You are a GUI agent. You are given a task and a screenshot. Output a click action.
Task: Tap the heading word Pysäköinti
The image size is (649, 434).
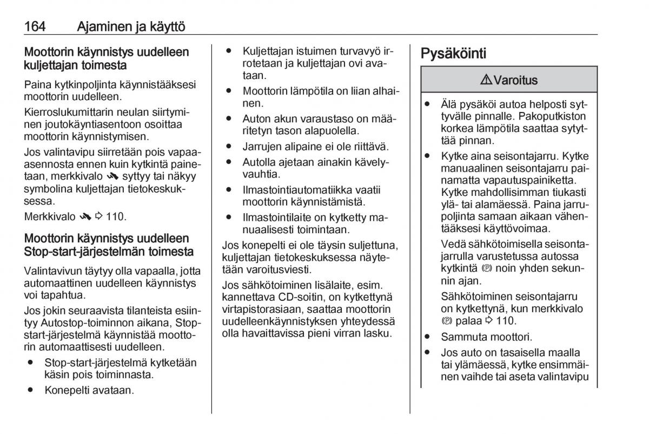click(453, 53)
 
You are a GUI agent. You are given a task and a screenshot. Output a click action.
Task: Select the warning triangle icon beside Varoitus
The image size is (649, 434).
click(485, 81)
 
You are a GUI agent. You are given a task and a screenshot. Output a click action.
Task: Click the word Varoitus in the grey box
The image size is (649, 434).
click(513, 81)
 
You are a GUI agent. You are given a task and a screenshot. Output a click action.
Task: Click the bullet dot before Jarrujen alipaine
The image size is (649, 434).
click(229, 146)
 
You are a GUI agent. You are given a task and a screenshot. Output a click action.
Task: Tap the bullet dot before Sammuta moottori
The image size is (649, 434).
click(428, 336)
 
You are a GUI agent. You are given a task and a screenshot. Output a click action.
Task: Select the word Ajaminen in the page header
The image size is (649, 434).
click(101, 26)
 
